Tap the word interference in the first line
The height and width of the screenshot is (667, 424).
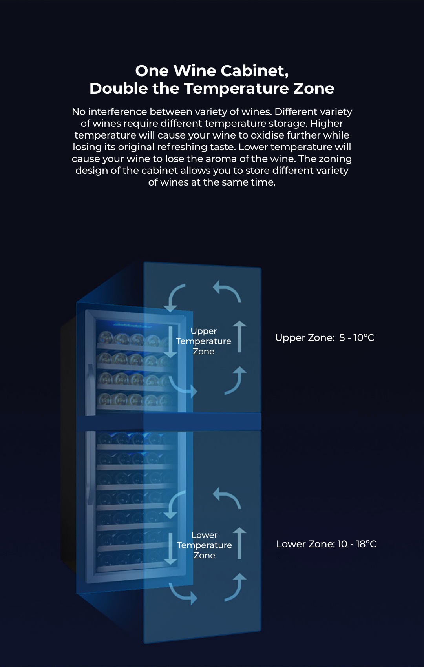[x=117, y=112]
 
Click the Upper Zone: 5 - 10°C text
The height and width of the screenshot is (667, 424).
[x=325, y=338]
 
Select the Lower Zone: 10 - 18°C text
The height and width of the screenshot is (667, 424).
[x=326, y=544]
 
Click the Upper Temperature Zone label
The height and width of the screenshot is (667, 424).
[x=203, y=341]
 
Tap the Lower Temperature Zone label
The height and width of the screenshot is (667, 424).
[x=205, y=545]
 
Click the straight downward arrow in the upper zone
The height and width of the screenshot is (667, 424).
[x=170, y=342]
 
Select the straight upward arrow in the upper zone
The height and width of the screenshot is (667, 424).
[x=239, y=337]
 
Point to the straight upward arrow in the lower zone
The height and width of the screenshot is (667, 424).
[x=239, y=543]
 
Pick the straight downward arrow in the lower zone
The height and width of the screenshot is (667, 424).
[x=170, y=549]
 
